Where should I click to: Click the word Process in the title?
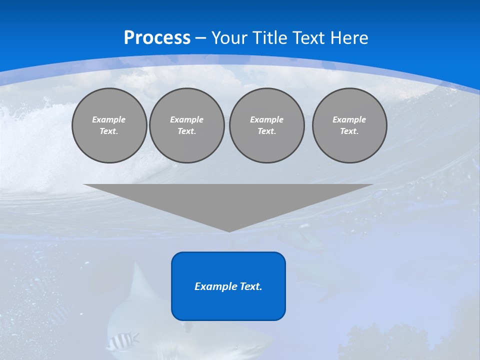157,38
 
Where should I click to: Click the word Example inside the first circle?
109,119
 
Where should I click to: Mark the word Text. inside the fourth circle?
349,131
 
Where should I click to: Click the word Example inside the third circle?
266,119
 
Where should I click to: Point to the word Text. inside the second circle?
186,131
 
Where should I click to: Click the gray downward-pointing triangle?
228,200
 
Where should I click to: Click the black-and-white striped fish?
122,341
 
